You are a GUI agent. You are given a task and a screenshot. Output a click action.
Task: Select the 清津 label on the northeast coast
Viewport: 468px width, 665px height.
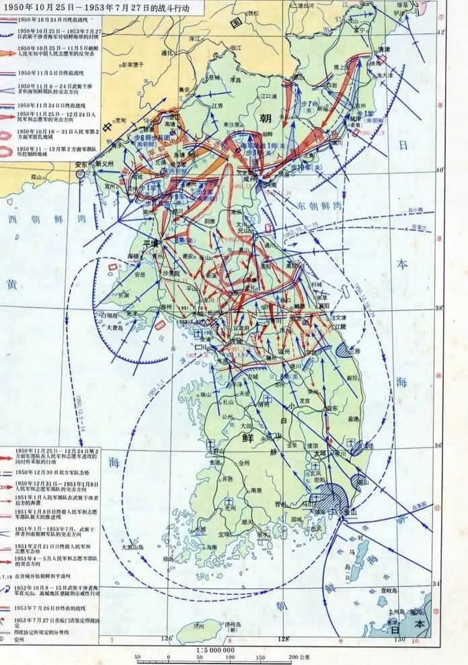click(384, 50)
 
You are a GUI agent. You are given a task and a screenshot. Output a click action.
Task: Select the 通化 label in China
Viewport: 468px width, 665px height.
click(167, 53)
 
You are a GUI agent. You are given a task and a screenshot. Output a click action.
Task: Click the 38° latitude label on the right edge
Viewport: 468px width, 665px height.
click(440, 308)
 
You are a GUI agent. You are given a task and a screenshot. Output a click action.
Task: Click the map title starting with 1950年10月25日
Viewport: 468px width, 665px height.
click(93, 7)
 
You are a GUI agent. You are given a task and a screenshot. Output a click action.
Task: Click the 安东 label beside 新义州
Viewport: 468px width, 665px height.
click(81, 164)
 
